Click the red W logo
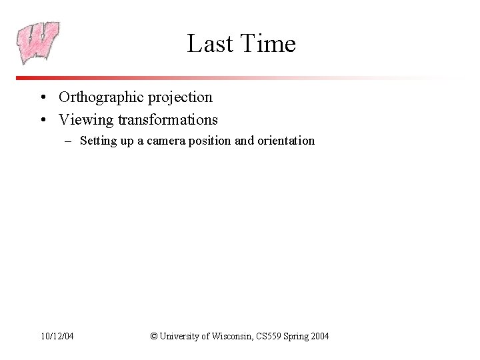pyautogui.click(x=38, y=42)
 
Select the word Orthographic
pyautogui.click(x=101, y=97)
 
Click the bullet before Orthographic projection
pyautogui.click(x=42, y=98)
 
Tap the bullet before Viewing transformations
pyautogui.click(x=42, y=121)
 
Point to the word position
pyautogui.click(x=209, y=141)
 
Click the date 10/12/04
pyautogui.click(x=56, y=337)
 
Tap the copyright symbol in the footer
pyautogui.click(x=154, y=337)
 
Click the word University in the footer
pyautogui.click(x=179, y=337)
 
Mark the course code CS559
pyautogui.click(x=269, y=337)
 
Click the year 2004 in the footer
pyautogui.click(x=319, y=337)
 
